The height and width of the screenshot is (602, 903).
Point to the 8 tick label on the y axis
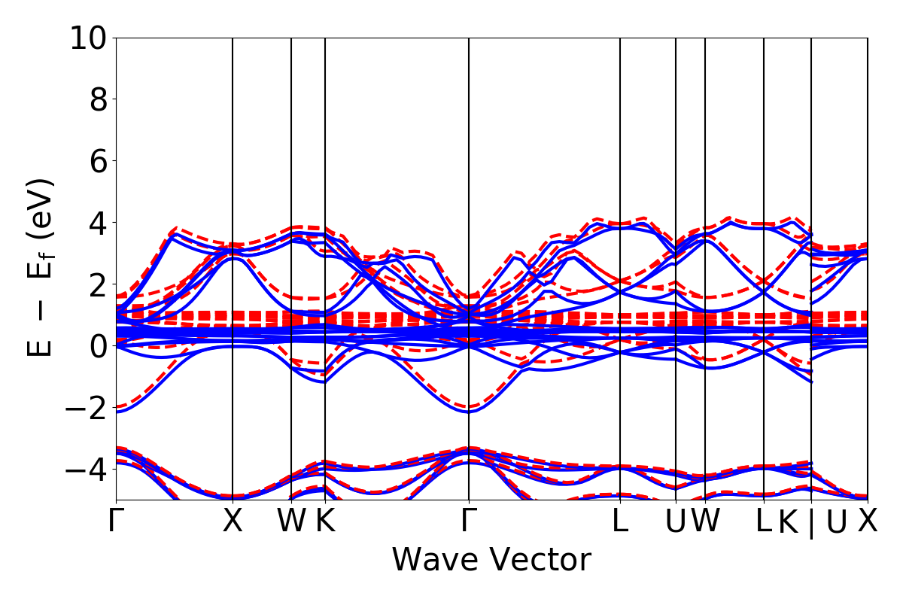pos(99,99)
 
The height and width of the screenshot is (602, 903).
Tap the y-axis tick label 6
pos(99,161)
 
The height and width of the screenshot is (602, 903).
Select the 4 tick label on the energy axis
pos(99,223)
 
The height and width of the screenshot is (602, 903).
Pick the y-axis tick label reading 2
pos(99,284)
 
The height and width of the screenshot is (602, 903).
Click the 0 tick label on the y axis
pos(99,346)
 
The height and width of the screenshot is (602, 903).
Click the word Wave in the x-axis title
pos(433,561)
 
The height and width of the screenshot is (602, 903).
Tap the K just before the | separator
pos(788,521)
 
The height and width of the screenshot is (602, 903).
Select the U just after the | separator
pos(836,521)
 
